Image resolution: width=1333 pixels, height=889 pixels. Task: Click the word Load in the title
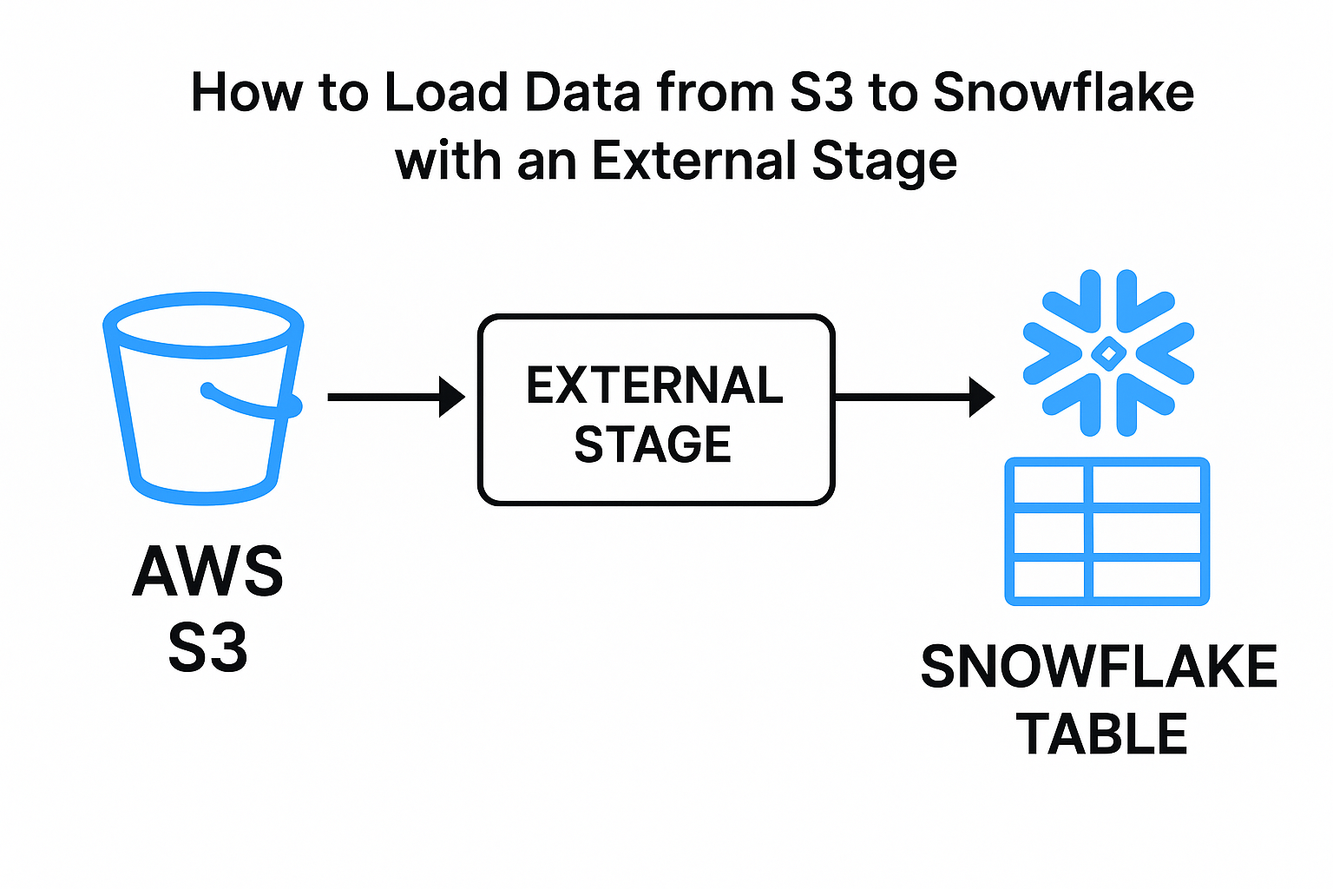pyautogui.click(x=445, y=92)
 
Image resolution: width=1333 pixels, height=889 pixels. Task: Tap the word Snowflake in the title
pyautogui.click(x=1063, y=92)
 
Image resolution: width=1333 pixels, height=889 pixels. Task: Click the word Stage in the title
pyautogui.click(x=884, y=161)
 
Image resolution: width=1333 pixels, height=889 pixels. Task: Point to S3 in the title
pyautogui.click(x=821, y=92)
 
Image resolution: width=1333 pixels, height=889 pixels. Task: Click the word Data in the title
pyautogui.click(x=582, y=92)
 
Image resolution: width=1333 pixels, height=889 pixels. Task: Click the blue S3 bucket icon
pyautogui.click(x=203, y=399)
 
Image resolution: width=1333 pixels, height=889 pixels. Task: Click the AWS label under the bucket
pyautogui.click(x=208, y=571)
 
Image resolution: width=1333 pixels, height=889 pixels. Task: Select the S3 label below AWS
pyautogui.click(x=208, y=647)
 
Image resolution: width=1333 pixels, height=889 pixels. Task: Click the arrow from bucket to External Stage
pyautogui.click(x=396, y=397)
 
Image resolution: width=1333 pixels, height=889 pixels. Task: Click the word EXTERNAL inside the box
pyautogui.click(x=654, y=385)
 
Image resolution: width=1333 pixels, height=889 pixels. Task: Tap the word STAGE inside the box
pyautogui.click(x=653, y=444)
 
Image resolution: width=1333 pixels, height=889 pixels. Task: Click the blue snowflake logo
pyautogui.click(x=1108, y=352)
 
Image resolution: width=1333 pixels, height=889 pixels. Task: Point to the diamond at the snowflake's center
pyautogui.click(x=1108, y=352)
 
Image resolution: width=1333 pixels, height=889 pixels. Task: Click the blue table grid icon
pyautogui.click(x=1106, y=531)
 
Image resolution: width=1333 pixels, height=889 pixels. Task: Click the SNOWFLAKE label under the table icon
pyautogui.click(x=1099, y=667)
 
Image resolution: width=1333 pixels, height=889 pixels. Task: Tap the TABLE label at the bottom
pyautogui.click(x=1102, y=734)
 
